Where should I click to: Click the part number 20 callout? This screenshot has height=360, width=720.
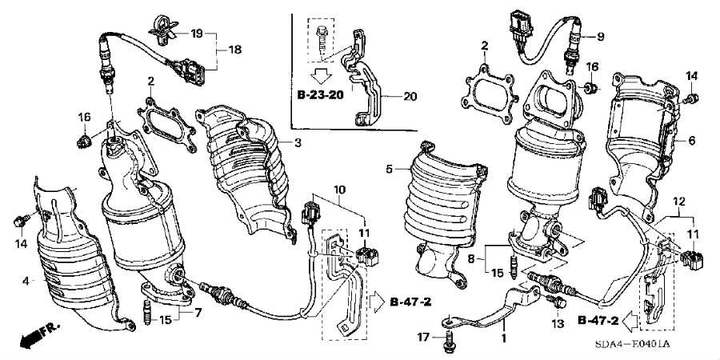click(410, 97)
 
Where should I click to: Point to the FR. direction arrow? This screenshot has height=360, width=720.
click(39, 334)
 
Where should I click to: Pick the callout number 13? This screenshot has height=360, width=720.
click(558, 324)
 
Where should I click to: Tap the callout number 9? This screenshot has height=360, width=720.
click(601, 37)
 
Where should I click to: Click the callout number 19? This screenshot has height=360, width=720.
click(197, 34)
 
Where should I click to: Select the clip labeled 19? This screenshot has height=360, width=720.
click(162, 30)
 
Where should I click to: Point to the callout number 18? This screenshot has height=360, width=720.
click(235, 50)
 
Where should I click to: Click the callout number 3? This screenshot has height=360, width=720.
click(298, 143)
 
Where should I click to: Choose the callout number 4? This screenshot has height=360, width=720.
click(26, 281)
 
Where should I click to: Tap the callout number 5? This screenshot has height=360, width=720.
click(390, 170)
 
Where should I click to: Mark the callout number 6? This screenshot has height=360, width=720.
click(691, 141)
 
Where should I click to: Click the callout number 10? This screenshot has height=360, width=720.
click(340, 189)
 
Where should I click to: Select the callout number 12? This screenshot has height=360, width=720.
click(679, 201)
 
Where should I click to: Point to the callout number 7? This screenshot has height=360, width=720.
click(198, 313)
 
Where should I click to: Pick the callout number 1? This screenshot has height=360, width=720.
click(503, 338)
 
